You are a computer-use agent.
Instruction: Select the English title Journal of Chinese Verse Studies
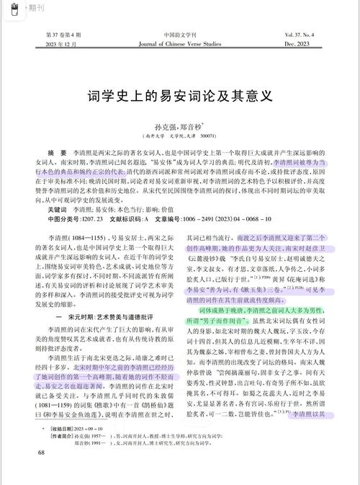(180, 45)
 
